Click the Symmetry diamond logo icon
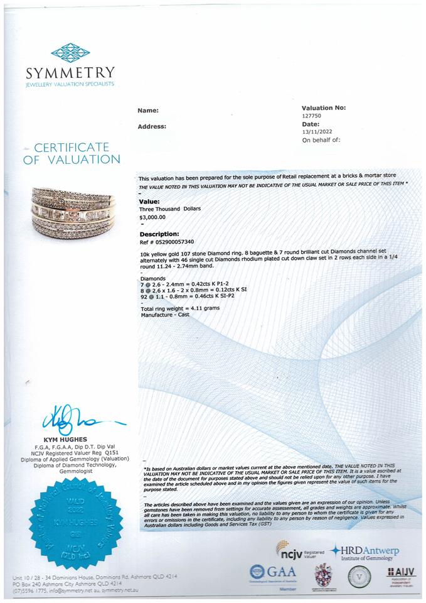70,52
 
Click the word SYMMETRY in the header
70,72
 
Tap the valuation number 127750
312,116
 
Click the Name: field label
148,111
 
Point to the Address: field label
152,126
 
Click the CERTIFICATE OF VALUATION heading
72,153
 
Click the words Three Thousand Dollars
169,209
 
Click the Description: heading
159,234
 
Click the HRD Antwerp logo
366,553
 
